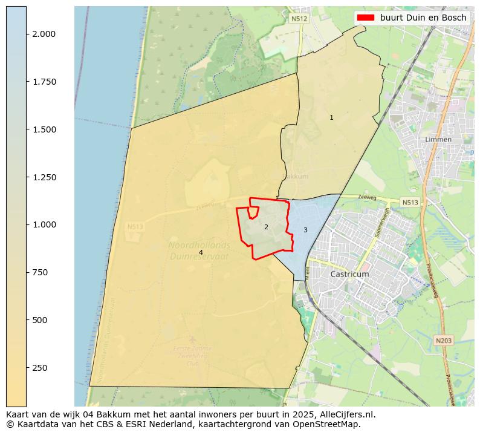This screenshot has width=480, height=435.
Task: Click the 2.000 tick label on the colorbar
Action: [x=44, y=34]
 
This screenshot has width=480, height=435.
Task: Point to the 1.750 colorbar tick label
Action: [x=44, y=82]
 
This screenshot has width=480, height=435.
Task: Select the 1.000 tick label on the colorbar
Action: [x=44, y=224]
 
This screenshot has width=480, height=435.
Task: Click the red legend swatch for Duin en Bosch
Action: [x=366, y=18]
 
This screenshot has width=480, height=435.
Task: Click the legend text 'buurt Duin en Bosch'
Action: [x=423, y=18]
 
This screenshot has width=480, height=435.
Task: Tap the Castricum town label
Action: [x=349, y=274]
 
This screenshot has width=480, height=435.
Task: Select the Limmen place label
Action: [x=438, y=139]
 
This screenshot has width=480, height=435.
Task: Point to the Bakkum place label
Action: [x=296, y=177]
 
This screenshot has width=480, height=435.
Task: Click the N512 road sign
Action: [x=299, y=19]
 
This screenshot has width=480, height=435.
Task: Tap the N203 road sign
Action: [x=443, y=341]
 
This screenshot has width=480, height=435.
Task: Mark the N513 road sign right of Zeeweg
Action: [x=410, y=202]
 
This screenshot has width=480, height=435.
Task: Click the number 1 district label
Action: [x=331, y=117]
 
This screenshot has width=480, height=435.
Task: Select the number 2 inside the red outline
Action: [x=266, y=227]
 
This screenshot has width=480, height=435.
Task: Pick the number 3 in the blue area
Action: [x=305, y=230]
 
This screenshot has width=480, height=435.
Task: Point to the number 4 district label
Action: [x=201, y=252]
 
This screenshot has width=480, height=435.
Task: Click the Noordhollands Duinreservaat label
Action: [x=199, y=250]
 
